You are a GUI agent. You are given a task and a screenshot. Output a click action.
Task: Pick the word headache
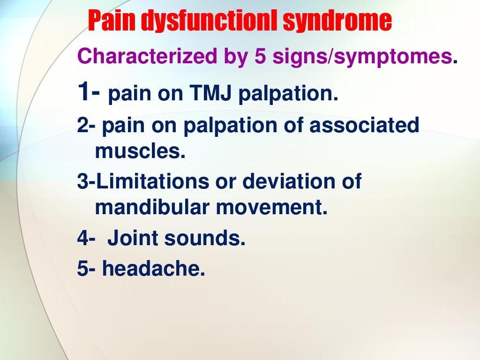point(154,269)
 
